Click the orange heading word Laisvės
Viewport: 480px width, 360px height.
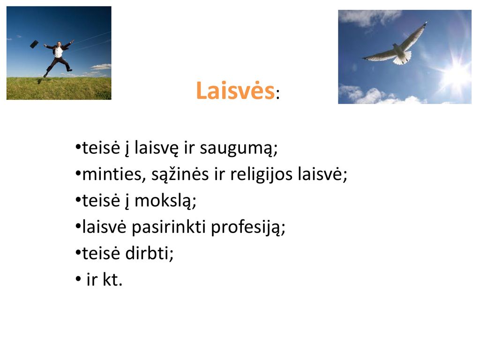pyautogui.click(x=235, y=90)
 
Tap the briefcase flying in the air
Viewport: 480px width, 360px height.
pyautogui.click(x=34, y=44)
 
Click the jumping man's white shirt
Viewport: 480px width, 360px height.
pyautogui.click(x=58, y=52)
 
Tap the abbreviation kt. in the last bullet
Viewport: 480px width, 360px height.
pyautogui.click(x=112, y=280)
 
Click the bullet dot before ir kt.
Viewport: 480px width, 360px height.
pyautogui.click(x=78, y=279)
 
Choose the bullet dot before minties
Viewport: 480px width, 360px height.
pyautogui.click(x=78, y=174)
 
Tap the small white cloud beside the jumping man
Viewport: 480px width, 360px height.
pyautogui.click(x=101, y=67)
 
